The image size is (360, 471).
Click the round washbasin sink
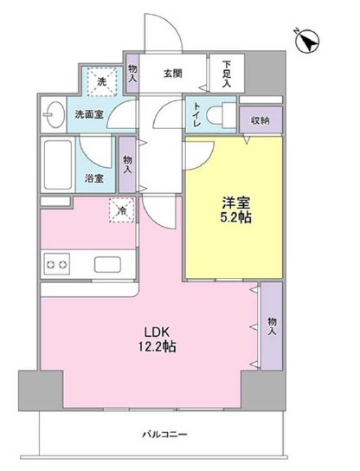point(53,113)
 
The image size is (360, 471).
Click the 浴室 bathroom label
point(94,180)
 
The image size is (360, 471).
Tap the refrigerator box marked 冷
point(120,209)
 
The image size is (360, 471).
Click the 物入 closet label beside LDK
point(272,324)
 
